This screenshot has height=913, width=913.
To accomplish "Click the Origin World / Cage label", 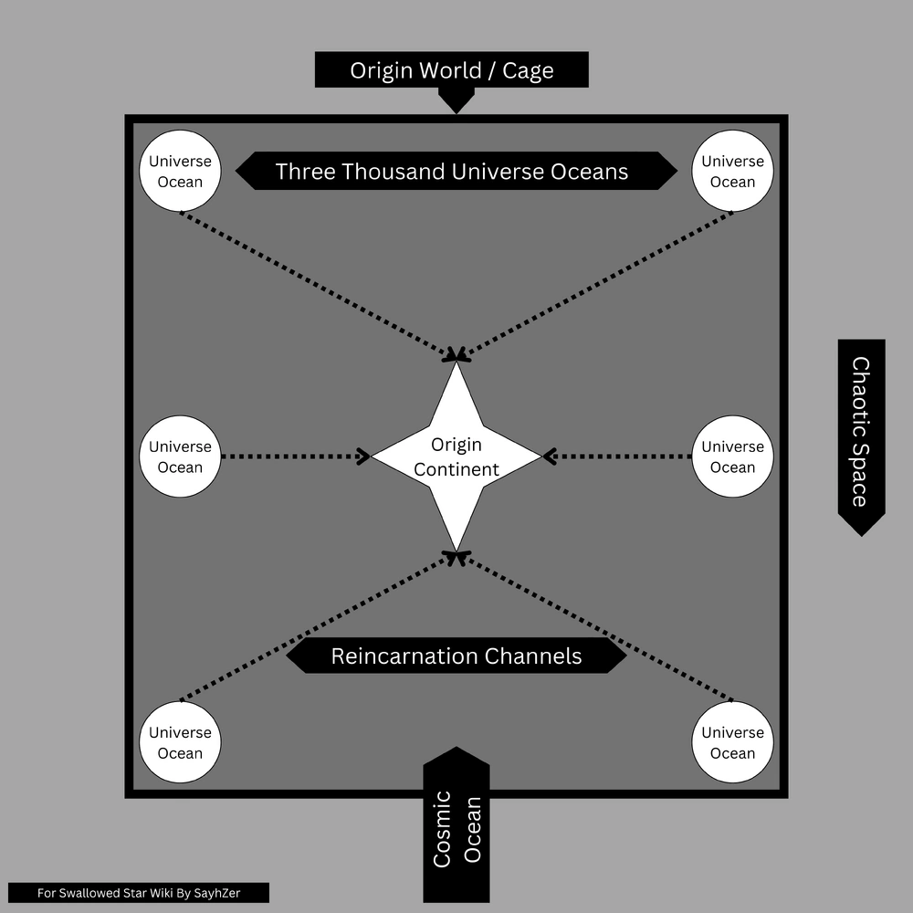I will point(451,70).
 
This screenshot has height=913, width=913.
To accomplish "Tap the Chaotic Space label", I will point(861,431).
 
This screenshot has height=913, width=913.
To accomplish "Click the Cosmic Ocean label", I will point(456,826).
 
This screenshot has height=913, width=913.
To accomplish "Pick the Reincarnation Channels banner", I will point(456,656).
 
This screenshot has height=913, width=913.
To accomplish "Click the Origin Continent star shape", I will point(456,456).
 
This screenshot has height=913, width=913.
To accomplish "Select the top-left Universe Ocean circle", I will point(180,171).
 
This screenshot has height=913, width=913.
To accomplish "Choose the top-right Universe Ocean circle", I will point(732,171).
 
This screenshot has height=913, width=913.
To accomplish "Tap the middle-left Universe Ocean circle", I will point(180,456).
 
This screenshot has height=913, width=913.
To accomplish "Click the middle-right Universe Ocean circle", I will point(732,456).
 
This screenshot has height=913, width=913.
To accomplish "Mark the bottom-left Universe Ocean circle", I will point(180,742).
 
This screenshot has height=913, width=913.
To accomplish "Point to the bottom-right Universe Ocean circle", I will point(732,742).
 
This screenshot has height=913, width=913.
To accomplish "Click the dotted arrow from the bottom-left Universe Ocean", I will point(320,626).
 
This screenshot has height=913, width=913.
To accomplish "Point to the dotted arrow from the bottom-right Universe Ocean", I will point(593,626).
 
